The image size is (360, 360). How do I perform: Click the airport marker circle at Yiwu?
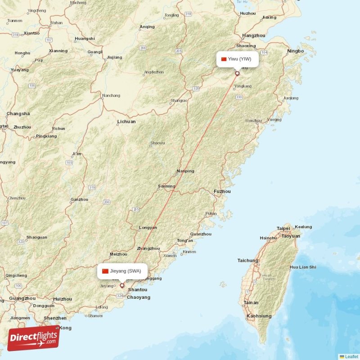pos(237,73)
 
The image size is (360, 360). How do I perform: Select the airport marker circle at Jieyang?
pos(121,285)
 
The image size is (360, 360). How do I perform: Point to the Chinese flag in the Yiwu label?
pos(224,59)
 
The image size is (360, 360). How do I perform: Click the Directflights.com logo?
pos(33,338)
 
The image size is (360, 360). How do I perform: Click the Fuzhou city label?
pos(222,191)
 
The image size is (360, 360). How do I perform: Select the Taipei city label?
pos(283,228)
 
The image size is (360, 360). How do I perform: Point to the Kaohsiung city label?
pos(259,316)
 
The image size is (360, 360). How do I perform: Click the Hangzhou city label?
pos(254,35)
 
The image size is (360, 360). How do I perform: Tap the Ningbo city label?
pos(296,51)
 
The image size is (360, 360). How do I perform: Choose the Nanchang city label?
pos(111,95)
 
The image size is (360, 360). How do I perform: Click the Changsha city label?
pos(18,113)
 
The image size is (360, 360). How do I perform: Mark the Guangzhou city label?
pos(22,298)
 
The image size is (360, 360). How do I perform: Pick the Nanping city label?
pos(185,171)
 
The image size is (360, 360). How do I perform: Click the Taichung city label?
pos(248,261)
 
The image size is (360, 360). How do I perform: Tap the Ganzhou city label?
pos(79,199)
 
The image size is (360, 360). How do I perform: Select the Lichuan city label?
pos(126,121)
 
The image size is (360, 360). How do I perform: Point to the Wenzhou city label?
pos(253,121)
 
